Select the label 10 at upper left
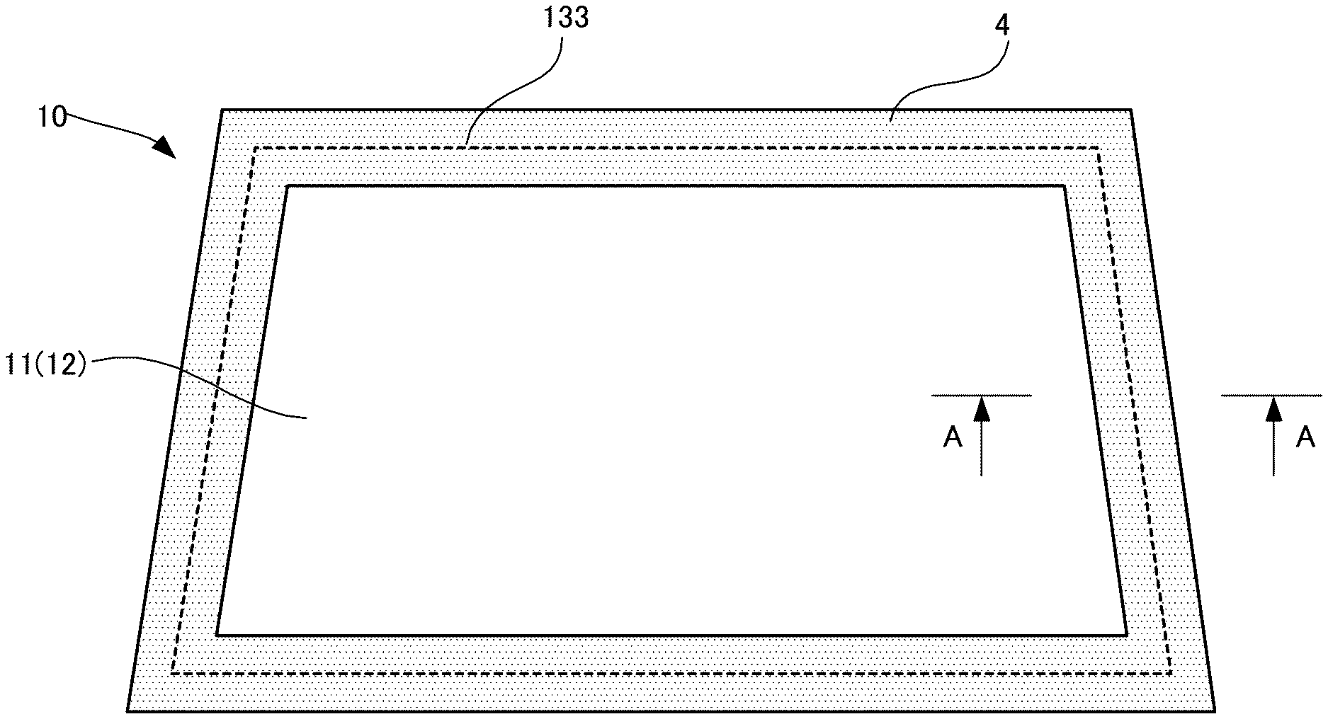[x=52, y=117]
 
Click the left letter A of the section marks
[x=953, y=438]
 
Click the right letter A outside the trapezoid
[x=1305, y=438]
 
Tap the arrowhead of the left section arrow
[x=981, y=408]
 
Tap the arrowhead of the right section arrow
[x=1274, y=408]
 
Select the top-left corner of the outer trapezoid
[x=222, y=110]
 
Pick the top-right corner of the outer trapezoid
[x=1130, y=110]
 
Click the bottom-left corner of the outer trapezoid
[x=128, y=710]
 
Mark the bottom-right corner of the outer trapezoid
[x=1215, y=710]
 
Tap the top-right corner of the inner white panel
[x=1064, y=187]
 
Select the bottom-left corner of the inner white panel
[x=217, y=634]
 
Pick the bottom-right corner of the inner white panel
[x=1126, y=634]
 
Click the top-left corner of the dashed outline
[x=255, y=148]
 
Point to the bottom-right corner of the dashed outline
[x=1170, y=673]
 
